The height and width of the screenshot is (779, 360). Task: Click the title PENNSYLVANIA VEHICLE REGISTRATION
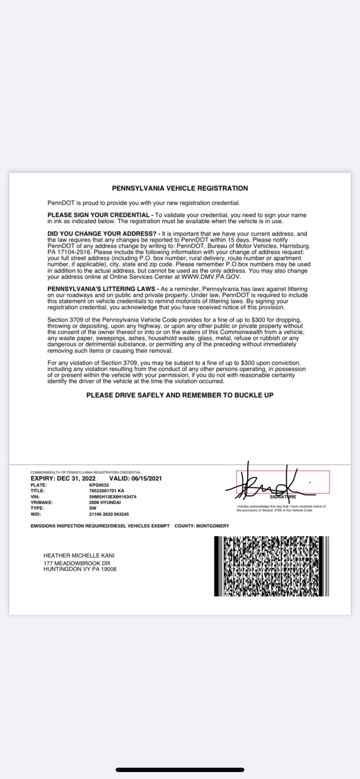[x=180, y=188]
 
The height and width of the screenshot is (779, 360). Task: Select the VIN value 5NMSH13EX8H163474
[x=113, y=496]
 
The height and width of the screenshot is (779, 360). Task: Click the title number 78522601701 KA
[x=107, y=491]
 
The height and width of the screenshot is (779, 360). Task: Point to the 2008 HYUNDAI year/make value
[x=105, y=502]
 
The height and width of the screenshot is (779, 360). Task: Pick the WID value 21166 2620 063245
[x=109, y=514]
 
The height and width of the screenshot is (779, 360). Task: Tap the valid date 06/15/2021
[x=147, y=478]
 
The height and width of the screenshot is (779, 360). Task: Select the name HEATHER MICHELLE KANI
[x=79, y=555]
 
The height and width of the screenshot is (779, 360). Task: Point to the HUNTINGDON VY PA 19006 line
[x=80, y=569]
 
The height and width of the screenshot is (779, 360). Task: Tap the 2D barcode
[x=271, y=566]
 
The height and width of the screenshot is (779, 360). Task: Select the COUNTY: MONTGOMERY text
[x=202, y=526]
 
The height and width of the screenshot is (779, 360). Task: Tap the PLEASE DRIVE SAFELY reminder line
[x=180, y=395]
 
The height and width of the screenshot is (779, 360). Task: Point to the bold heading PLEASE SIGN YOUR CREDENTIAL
[x=98, y=215]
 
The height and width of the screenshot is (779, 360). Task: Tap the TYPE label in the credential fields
[x=37, y=508]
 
